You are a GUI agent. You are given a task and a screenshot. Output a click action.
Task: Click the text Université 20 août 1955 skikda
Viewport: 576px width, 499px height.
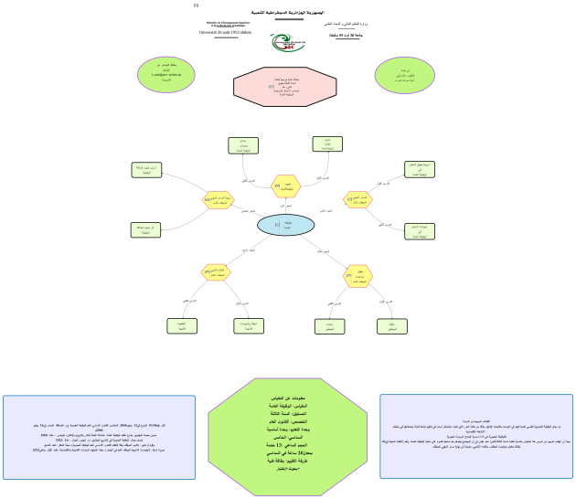(x=225, y=32)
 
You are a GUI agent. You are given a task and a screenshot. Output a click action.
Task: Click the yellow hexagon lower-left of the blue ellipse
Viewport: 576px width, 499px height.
(x=217, y=271)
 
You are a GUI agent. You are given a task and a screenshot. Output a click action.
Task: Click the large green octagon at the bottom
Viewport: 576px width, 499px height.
(x=288, y=434)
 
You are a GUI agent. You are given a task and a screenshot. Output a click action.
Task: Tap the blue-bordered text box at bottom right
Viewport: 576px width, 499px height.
(x=476, y=436)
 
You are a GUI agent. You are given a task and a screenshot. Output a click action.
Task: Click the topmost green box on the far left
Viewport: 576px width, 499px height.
(x=146, y=170)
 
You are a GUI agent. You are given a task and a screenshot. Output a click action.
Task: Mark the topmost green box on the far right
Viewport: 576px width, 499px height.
(x=421, y=169)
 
